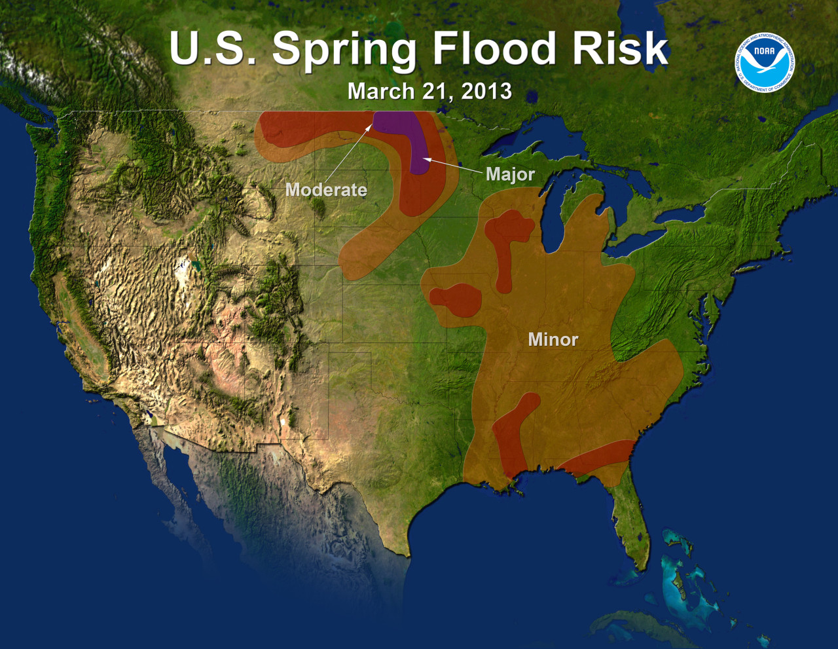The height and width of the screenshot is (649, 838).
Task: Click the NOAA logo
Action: [x=764, y=62]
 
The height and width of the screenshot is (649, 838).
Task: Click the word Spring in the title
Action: [x=344, y=50]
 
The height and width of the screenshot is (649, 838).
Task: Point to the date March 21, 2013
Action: [x=429, y=91]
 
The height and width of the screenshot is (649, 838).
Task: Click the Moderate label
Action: [x=326, y=190]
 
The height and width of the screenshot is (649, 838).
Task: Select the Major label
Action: [x=510, y=174]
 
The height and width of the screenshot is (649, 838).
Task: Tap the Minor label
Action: [x=553, y=339]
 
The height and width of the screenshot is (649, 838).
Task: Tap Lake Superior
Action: [x=517, y=134]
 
